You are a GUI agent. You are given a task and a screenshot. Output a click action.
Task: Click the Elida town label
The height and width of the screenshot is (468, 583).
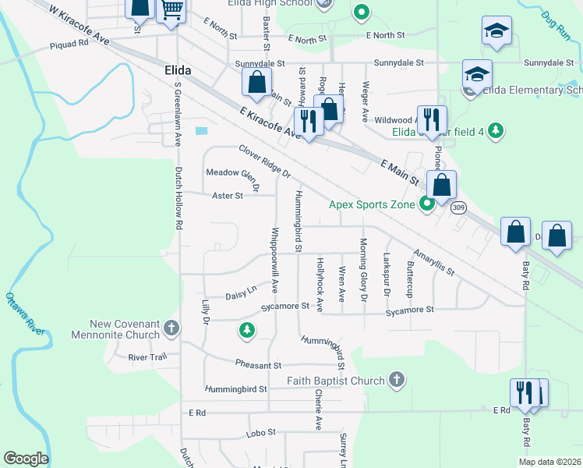point(178,70)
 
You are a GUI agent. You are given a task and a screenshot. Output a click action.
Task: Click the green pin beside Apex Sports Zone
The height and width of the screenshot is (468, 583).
point(426,205)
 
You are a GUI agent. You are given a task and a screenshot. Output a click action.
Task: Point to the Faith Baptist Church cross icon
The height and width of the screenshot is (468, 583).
point(396,381)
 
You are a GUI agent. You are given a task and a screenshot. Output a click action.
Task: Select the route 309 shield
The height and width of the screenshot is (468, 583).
point(458,207)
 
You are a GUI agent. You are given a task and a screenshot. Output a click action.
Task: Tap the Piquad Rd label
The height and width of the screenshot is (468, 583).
point(69,44)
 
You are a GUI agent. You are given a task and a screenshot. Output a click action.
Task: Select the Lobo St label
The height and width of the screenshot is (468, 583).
point(261,432)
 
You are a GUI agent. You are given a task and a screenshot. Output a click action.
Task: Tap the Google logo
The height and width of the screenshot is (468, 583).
point(26,459)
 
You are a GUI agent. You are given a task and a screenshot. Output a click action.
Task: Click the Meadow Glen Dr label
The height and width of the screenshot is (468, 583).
point(231,172)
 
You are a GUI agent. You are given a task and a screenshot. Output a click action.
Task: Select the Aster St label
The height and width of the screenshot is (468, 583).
point(228,197)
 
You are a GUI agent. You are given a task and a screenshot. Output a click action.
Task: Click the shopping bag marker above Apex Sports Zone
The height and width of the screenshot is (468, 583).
point(441,186)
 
